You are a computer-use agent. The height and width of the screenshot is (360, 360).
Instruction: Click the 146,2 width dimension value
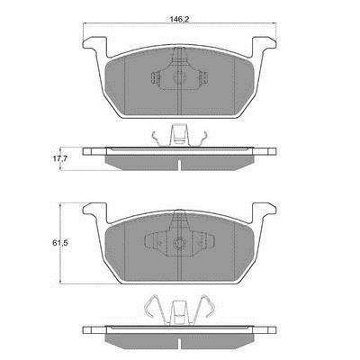tap(179, 19)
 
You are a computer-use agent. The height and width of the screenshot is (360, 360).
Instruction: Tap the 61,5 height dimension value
tap(58, 243)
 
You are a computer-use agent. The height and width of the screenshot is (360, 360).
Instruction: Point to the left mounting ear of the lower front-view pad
tap(94, 211)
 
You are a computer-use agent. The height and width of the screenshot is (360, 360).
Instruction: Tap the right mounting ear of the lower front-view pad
tap(264, 211)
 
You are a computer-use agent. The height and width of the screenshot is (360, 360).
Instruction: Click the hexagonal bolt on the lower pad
tap(179, 243)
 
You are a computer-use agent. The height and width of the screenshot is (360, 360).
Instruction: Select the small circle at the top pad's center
tap(178, 76)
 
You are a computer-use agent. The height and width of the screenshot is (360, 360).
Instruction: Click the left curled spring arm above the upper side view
tap(157, 139)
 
